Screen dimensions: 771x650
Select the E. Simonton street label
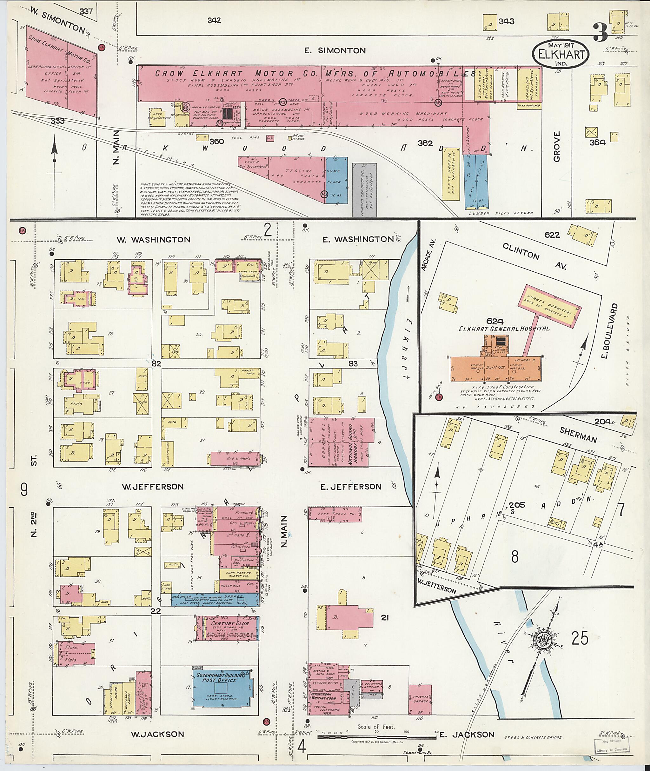point(335,51)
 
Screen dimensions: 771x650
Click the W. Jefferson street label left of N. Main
point(153,487)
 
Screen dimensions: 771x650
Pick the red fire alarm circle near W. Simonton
point(101,48)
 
